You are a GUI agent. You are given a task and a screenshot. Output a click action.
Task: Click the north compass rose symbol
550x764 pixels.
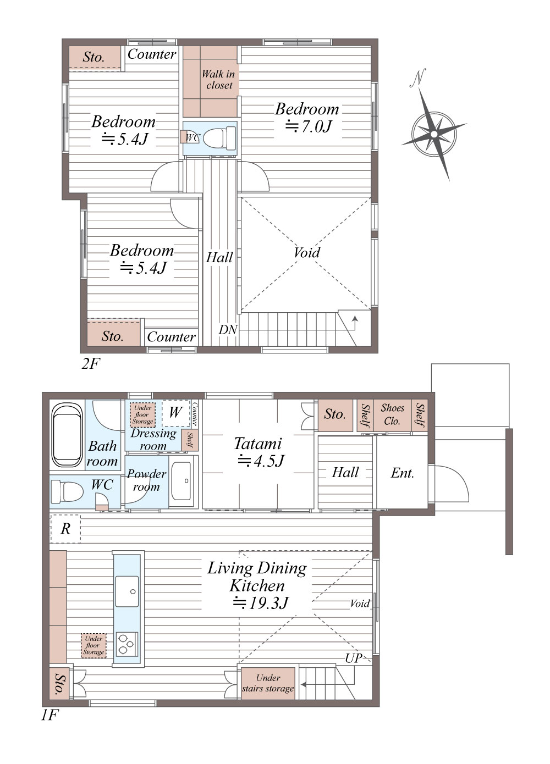pyautogui.click(x=433, y=134)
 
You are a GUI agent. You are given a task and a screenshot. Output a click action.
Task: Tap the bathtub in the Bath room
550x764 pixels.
pyautogui.click(x=67, y=435)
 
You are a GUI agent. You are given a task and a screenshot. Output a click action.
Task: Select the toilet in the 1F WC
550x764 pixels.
pyautogui.click(x=67, y=491)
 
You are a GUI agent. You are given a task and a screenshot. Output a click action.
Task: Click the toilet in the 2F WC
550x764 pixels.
pyautogui.click(x=219, y=138)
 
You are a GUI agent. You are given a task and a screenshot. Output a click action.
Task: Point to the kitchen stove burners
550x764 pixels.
pyautogui.click(x=127, y=644)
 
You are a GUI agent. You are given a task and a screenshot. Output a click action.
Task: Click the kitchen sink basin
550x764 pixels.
pyautogui.click(x=127, y=591)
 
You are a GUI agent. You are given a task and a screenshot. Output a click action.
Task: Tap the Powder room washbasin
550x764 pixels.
pyautogui.click(x=181, y=480)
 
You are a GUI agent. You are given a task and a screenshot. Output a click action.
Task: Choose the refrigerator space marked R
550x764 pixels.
pyautogui.click(x=65, y=529)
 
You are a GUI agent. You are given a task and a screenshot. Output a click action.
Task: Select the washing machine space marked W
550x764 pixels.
pyautogui.click(x=175, y=413)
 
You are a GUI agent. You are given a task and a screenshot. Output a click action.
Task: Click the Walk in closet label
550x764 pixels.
pyautogui.click(x=219, y=80)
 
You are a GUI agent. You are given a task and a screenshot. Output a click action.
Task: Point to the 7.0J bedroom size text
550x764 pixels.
pyautogui.click(x=309, y=126)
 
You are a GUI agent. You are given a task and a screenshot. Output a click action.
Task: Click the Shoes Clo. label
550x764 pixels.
pyautogui.click(x=392, y=414)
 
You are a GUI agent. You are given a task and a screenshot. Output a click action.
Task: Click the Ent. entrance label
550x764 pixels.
pyautogui.click(x=402, y=473)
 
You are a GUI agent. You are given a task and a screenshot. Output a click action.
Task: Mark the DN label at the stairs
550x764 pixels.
pyautogui.click(x=228, y=330)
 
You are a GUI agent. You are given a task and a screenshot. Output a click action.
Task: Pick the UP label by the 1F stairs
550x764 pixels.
pyautogui.click(x=354, y=658)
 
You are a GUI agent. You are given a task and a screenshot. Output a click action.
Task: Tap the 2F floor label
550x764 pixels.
pyautogui.click(x=91, y=363)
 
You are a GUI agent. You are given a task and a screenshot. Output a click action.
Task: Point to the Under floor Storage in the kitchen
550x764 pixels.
pyautogui.click(x=94, y=645)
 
